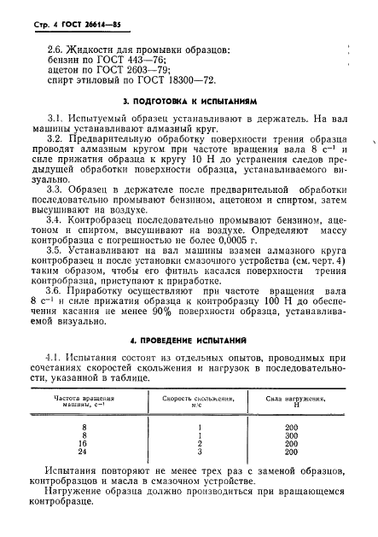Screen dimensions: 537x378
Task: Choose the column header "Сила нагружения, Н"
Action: tap(295, 400)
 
